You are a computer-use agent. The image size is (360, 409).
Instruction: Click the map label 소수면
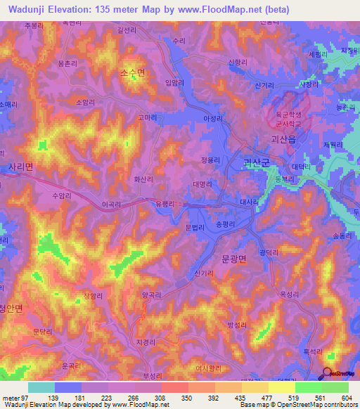(x=132, y=72)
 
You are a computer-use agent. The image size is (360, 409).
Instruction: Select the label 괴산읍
(x=284, y=140)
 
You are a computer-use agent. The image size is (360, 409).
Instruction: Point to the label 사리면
(x=20, y=167)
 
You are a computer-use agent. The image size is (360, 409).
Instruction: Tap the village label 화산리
(x=143, y=179)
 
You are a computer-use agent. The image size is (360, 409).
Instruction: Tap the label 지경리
(x=156, y=341)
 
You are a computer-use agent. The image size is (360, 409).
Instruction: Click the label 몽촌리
(x=67, y=63)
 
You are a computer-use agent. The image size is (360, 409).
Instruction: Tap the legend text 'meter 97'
(x=15, y=398)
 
